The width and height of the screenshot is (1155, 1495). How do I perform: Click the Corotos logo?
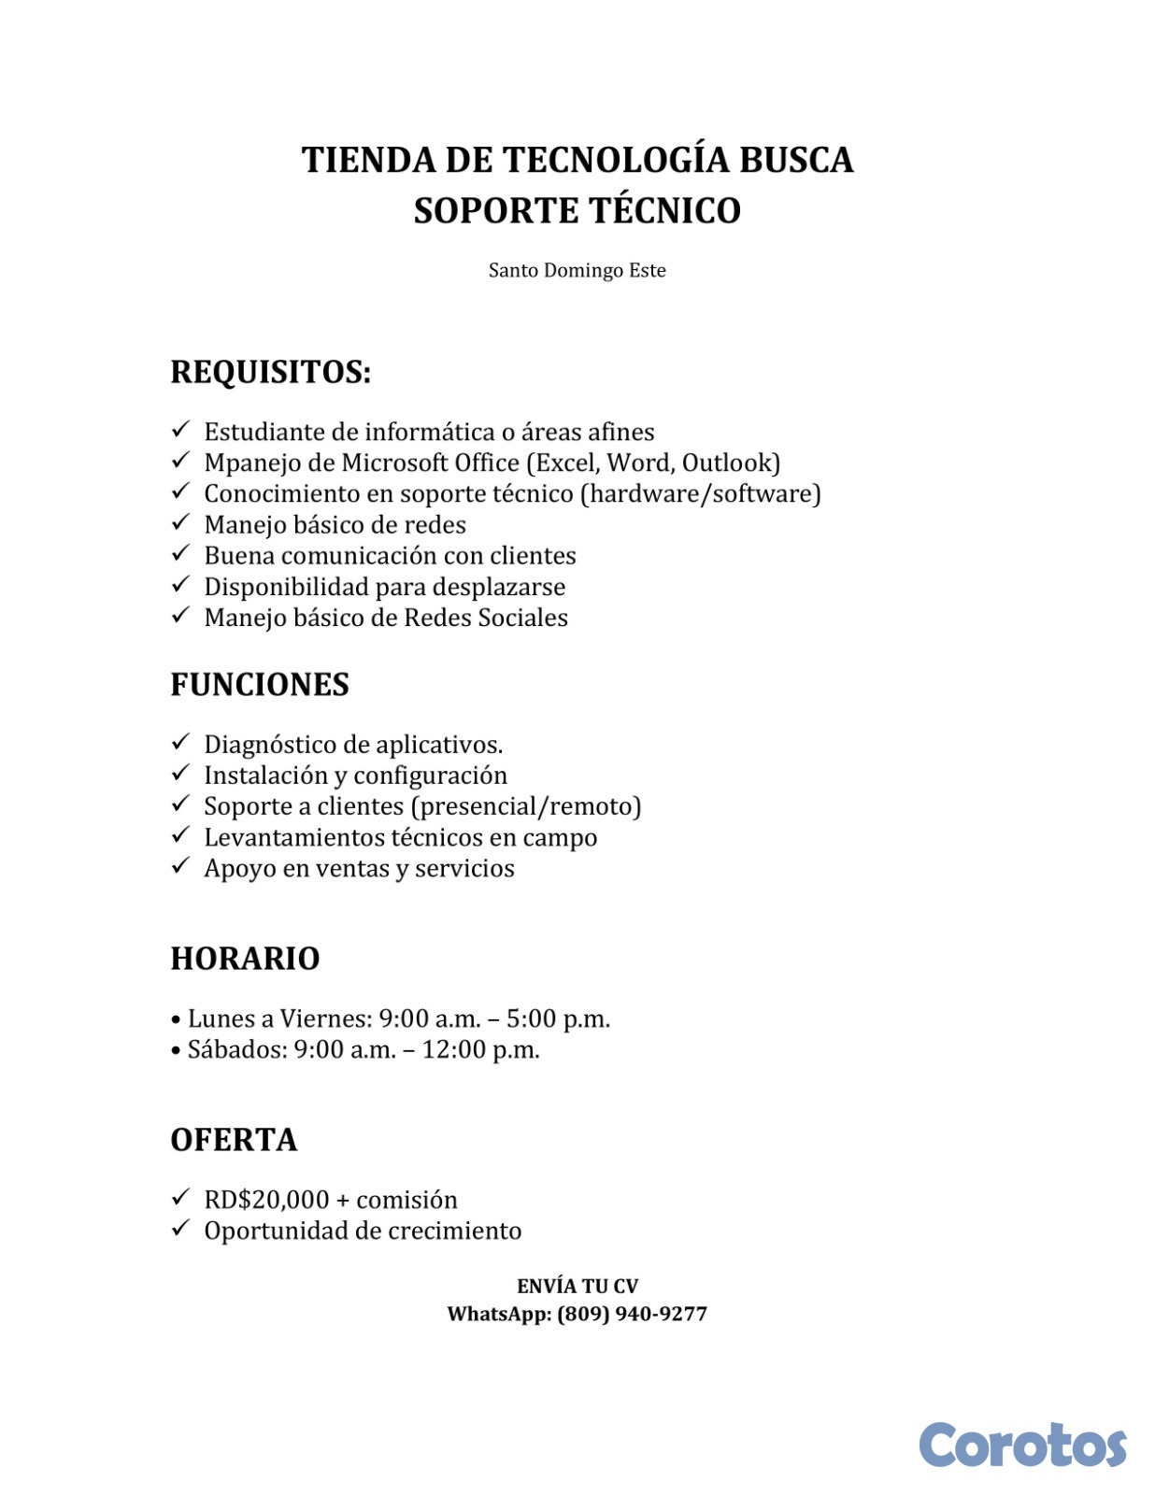coord(1022,1445)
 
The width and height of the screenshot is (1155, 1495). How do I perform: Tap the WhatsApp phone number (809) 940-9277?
coord(632,1314)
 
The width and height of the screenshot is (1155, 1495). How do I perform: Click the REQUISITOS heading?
coord(270,372)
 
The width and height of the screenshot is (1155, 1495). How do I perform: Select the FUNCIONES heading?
coord(259,684)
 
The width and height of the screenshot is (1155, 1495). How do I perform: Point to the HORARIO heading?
coord(245,958)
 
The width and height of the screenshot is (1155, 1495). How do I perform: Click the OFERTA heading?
coord(234,1139)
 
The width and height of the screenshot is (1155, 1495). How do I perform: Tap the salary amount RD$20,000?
coord(266,1200)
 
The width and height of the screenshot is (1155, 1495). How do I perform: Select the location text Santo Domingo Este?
coord(577,271)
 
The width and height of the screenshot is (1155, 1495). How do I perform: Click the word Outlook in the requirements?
coord(728,463)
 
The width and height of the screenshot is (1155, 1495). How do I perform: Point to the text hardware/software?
coord(700,493)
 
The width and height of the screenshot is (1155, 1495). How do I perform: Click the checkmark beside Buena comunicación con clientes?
coord(180,554)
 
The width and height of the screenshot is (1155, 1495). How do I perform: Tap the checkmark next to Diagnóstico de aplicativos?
coord(180,743)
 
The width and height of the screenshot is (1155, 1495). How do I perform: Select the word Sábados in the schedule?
coord(237,1049)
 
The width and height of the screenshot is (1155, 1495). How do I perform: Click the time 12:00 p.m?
coord(480,1049)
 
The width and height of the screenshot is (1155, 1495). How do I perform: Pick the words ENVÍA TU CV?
coord(577,1286)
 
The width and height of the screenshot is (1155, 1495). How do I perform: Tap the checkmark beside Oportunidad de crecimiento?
coord(180,1229)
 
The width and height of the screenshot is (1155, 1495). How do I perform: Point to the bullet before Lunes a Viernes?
coord(176,1019)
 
